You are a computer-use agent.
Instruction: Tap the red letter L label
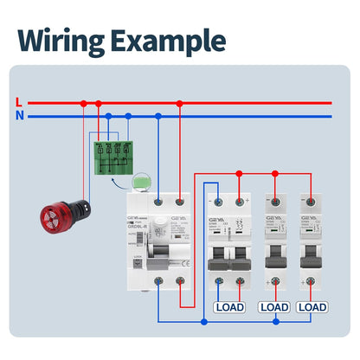coord(19,103)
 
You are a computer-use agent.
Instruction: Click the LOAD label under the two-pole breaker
coord(229,306)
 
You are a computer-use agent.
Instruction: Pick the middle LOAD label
coord(274,306)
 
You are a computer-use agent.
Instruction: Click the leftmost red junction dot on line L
coord(83,103)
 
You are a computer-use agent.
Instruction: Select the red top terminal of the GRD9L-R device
coord(179,202)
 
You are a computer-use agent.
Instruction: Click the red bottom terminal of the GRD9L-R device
coord(179,281)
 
